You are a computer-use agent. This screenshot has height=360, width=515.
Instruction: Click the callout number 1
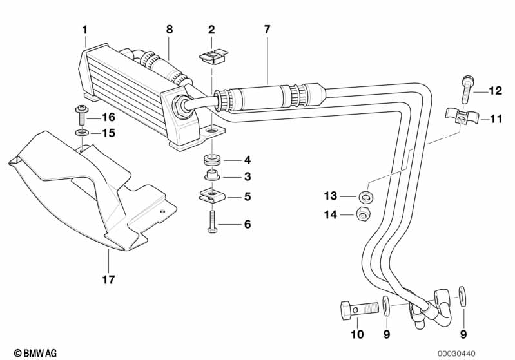pyautogui.click(x=84, y=29)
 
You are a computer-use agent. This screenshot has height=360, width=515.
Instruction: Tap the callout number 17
pyautogui.click(x=108, y=279)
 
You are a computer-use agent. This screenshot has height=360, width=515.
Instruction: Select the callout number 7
pyautogui.click(x=267, y=29)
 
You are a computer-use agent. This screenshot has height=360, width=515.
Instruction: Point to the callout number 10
pyautogui.click(x=356, y=334)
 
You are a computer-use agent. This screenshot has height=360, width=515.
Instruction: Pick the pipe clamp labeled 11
pyautogui.click(x=458, y=118)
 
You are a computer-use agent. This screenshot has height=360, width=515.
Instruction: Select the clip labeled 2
pyautogui.click(x=211, y=56)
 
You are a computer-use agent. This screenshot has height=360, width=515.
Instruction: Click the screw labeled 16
pyautogui.click(x=82, y=116)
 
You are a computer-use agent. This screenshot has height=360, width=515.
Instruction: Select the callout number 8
pyautogui.click(x=169, y=29)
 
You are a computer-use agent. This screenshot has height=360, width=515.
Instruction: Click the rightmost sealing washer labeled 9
pyautogui.click(x=463, y=296)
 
